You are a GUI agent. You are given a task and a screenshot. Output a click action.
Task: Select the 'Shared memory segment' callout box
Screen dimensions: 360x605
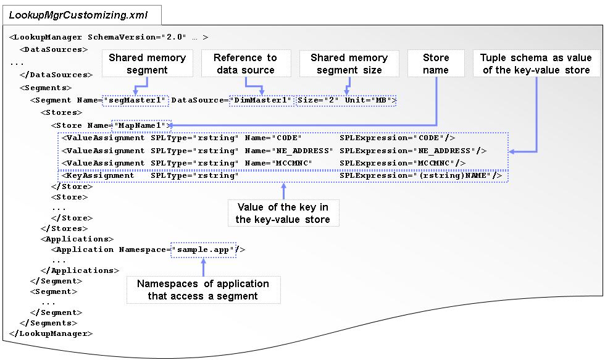point(147,64)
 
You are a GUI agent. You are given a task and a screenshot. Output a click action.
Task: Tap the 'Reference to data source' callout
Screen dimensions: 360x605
point(245,64)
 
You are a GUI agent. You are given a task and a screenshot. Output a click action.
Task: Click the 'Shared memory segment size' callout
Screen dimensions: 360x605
point(349,64)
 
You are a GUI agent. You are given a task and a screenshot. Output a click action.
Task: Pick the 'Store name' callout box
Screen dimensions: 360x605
point(435,64)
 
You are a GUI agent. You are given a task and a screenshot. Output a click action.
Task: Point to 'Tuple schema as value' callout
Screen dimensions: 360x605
point(536,64)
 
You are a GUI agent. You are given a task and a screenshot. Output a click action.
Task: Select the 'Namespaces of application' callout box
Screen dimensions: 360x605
point(202,290)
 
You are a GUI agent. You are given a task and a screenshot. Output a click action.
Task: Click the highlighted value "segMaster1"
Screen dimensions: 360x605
point(135,99)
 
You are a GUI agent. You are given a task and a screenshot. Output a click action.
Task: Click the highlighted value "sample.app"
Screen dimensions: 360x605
point(203,249)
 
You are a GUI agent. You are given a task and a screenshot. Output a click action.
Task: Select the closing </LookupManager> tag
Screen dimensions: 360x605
point(51,333)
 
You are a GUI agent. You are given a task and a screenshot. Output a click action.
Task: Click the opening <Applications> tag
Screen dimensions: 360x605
point(77,239)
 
